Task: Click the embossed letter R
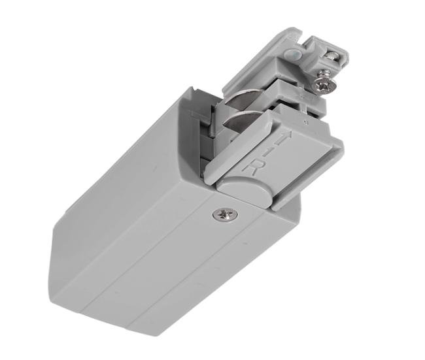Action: tap(250, 165)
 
